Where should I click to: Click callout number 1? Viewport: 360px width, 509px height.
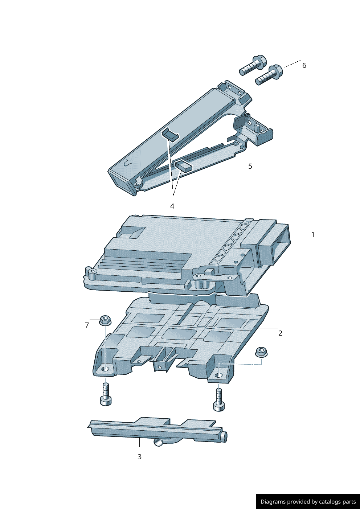click(x=313, y=235)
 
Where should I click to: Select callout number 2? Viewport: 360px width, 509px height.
click(x=280, y=333)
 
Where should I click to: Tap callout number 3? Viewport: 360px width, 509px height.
click(x=139, y=457)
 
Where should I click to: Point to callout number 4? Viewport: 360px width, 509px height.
click(x=172, y=206)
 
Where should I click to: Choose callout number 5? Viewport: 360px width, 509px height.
click(x=250, y=166)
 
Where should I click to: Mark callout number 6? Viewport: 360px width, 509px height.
click(x=304, y=65)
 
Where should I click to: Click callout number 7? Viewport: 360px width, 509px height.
click(x=87, y=325)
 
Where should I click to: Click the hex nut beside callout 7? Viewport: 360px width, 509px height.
click(x=105, y=320)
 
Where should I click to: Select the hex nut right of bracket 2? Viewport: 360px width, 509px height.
click(x=261, y=352)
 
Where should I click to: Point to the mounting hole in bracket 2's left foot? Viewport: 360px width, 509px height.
click(x=105, y=369)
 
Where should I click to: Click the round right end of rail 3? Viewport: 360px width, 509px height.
click(x=224, y=436)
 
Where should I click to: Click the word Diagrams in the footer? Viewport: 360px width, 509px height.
click(x=273, y=502)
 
